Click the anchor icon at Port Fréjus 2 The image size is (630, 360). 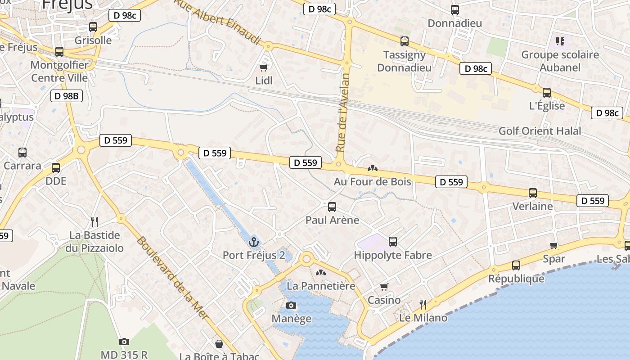point(254,243)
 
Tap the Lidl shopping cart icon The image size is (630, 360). point(264,67)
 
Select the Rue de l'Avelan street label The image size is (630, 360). point(342,112)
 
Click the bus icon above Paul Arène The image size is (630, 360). point(332,207)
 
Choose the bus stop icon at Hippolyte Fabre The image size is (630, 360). point(393,242)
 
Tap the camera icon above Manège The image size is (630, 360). point(291,306)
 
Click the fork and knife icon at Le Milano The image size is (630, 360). point(423,305)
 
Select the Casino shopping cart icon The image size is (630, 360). point(384,287)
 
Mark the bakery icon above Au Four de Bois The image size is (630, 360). point(372,169)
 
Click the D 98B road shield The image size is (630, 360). point(67,95)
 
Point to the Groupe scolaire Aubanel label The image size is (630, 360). point(560,61)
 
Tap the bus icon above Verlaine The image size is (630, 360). point(533,193)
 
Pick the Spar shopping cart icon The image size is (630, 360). point(554,245)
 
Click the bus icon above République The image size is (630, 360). point(516,265)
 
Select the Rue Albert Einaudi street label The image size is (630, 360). point(218,22)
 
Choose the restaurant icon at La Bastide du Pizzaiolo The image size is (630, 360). point(94,221)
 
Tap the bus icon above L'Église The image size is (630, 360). point(547,93)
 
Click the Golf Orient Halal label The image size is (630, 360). point(540,131)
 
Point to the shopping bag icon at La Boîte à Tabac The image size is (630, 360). point(219,344)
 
